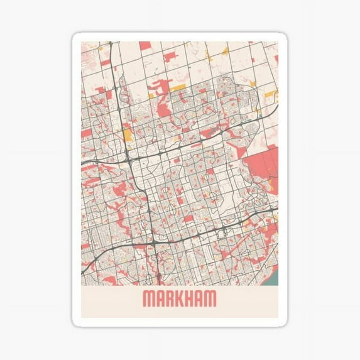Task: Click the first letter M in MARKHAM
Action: pos(148,299)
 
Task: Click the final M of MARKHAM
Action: pos(213,299)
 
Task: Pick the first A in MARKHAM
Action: pos(160,299)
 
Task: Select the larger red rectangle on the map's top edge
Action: pos(145,46)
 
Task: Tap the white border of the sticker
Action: pos(76,188)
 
